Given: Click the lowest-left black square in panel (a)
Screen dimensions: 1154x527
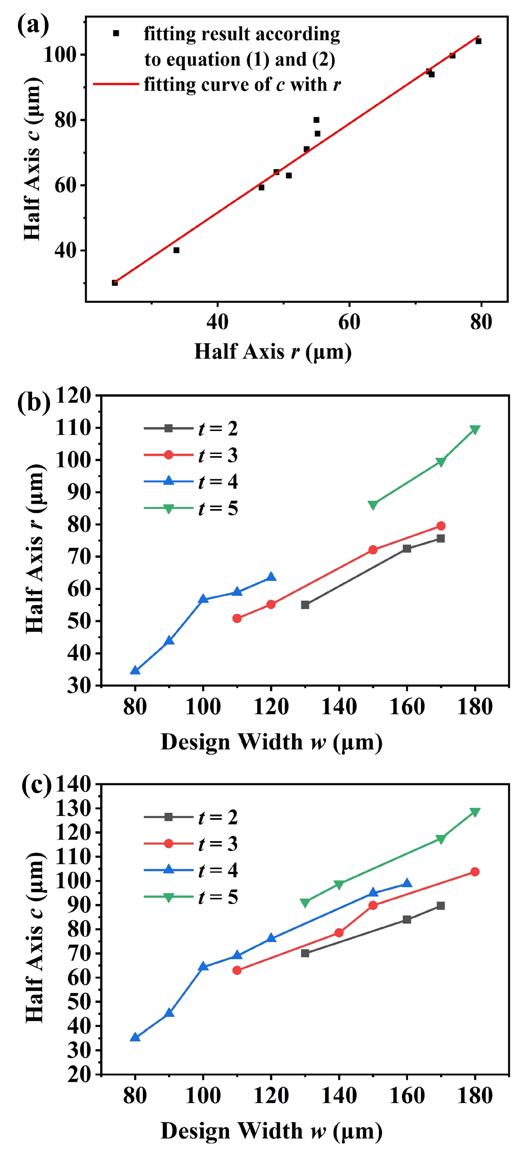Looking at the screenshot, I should tap(115, 283).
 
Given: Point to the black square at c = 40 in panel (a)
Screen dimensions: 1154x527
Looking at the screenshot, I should tap(176, 250).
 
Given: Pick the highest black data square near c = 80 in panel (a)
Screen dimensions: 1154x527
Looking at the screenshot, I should tap(316, 120).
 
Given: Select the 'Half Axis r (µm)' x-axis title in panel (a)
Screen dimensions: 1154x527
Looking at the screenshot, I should tap(273, 352).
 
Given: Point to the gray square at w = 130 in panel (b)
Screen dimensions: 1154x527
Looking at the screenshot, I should tap(305, 605).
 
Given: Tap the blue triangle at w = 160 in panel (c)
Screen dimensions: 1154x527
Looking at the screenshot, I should tap(407, 883).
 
